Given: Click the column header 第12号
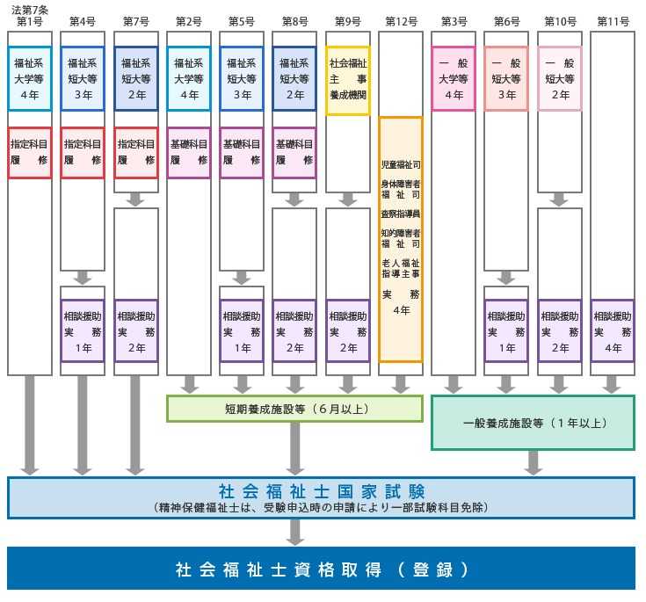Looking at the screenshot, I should (x=401, y=21).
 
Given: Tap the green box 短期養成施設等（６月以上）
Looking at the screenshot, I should (x=294, y=408).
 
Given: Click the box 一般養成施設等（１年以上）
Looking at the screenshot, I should (x=533, y=423).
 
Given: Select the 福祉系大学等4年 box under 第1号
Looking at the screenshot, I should (x=30, y=79).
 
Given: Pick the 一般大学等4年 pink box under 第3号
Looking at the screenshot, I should (x=454, y=79).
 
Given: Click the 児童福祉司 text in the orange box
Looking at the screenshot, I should (x=401, y=164).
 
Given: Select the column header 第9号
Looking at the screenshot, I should (x=348, y=21).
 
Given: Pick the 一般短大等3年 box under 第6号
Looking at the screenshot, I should (x=506, y=79).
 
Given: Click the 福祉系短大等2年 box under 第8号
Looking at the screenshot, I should (x=294, y=79).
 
